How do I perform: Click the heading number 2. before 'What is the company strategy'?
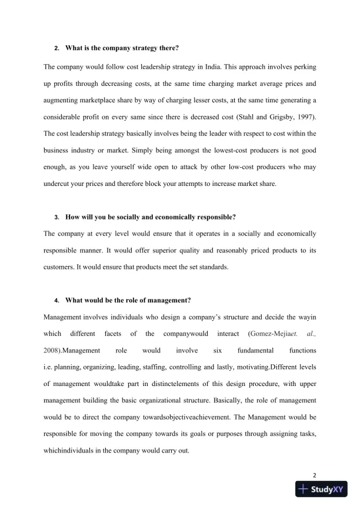pyautogui.click(x=56, y=48)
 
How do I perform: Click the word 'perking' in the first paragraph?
pyautogui.click(x=304, y=66)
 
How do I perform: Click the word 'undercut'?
pyautogui.click(x=58, y=184)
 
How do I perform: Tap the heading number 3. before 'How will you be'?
pyautogui.click(x=56, y=217)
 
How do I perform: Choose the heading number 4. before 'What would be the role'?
pyautogui.click(x=56, y=301)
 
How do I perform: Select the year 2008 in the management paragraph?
pyautogui.click(x=52, y=351)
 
